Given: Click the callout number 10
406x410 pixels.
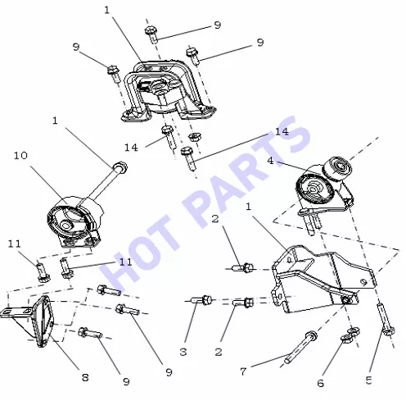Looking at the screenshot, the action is [20, 156].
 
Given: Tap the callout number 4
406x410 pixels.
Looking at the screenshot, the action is [270, 161].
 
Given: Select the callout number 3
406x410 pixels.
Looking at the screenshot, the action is [183, 352].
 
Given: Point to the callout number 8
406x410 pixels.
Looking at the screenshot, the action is [85, 377].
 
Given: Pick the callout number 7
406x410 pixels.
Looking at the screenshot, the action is [243, 371].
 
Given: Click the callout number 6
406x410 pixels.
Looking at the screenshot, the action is [321, 383].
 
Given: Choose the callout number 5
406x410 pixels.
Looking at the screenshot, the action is [368, 380].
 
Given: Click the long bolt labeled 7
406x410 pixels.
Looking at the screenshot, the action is [300, 348].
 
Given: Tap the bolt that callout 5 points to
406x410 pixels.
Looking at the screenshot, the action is [386, 320].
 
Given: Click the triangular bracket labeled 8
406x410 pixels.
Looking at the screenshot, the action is [30, 320].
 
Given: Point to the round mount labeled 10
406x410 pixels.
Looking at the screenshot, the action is [74, 221].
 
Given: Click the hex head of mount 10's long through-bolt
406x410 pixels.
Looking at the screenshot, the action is [120, 167].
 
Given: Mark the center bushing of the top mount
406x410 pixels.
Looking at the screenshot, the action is [159, 87].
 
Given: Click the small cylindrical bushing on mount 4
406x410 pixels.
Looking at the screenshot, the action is [337, 167].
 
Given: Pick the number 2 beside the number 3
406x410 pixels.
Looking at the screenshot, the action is [219, 352].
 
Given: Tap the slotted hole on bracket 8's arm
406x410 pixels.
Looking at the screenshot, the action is [6, 312].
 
